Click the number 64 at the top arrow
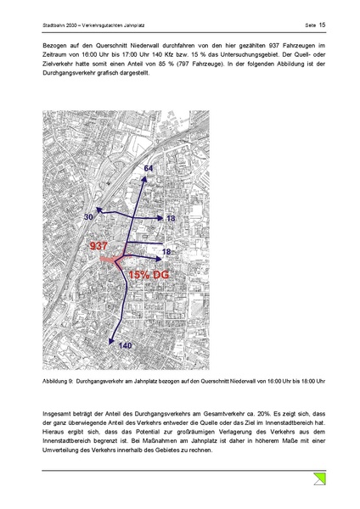click(x=148, y=170)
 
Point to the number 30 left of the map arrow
click(x=88, y=218)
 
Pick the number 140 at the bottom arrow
click(x=125, y=346)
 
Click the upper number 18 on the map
click(x=170, y=219)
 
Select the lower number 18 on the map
click(x=166, y=252)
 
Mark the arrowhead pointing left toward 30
click(x=98, y=209)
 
